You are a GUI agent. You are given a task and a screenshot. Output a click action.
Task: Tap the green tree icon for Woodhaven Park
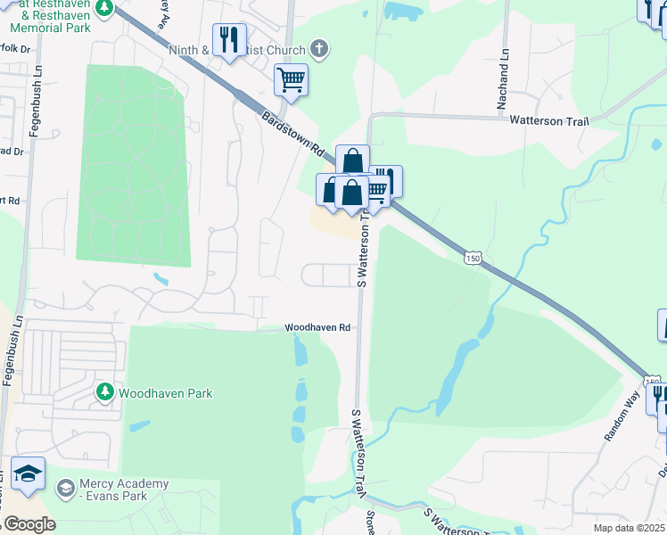[105, 391]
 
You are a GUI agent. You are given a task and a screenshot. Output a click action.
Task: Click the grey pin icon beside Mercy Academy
[64, 488]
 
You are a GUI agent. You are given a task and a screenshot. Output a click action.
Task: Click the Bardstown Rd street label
[292, 136]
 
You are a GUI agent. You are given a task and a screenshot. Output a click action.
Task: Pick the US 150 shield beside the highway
[473, 258]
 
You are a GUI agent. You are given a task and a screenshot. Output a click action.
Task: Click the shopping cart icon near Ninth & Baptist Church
[291, 79]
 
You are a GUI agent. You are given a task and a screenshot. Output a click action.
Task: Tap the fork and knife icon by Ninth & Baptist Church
[228, 39]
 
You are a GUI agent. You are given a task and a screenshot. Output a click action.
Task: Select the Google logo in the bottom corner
[29, 524]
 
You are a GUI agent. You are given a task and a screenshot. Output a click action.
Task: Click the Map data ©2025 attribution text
[629, 528]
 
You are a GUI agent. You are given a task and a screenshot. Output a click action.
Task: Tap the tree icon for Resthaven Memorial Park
[104, 7]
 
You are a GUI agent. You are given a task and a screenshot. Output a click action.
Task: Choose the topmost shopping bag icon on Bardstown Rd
[352, 161]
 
